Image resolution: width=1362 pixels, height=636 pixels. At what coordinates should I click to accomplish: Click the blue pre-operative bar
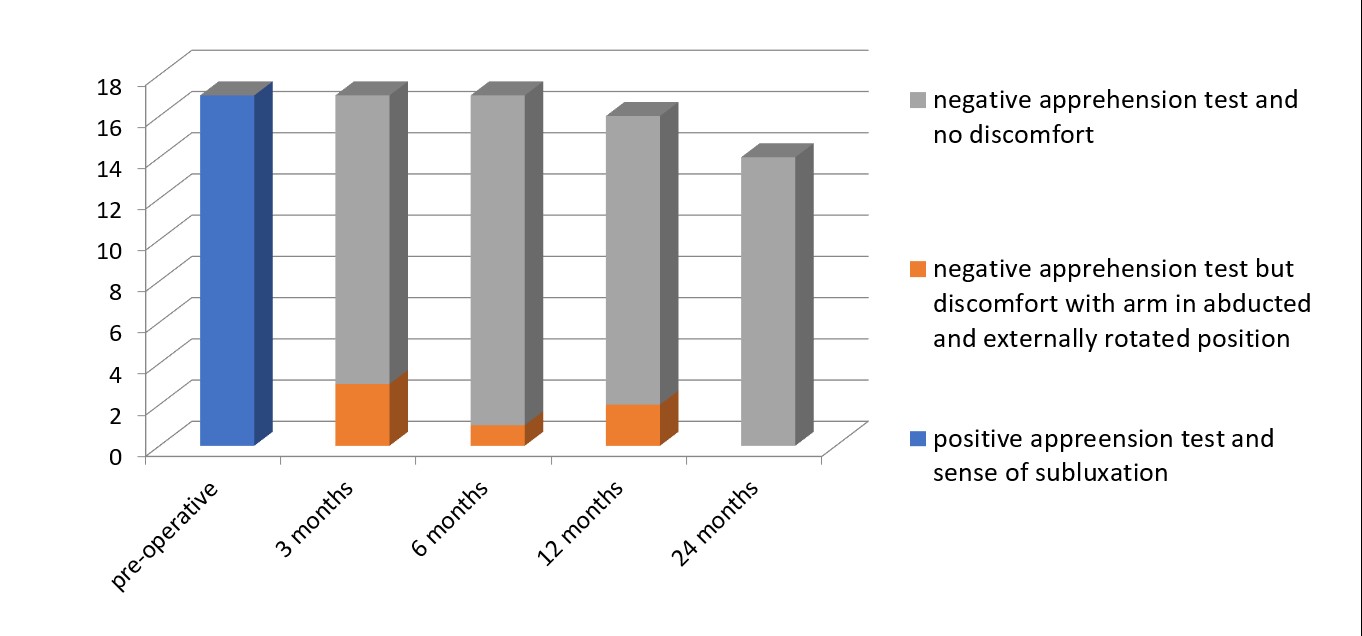coord(228,270)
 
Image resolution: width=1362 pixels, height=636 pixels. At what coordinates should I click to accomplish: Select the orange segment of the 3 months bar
coord(362,414)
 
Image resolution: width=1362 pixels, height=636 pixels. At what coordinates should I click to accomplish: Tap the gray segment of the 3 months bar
coord(362,240)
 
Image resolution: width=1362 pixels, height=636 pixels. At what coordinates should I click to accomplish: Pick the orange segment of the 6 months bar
coord(497,435)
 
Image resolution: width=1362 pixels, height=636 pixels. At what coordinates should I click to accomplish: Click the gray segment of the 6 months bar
coord(497,260)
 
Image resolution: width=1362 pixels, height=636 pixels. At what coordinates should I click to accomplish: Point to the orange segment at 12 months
coord(632,425)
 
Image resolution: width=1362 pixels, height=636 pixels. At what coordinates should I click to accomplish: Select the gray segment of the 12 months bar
coord(632,260)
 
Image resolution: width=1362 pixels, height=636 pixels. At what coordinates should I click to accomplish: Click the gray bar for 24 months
coord(767,301)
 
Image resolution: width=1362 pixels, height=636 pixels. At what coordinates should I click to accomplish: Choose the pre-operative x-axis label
coord(166,536)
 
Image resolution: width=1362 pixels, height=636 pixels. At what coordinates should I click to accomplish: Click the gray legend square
coord(917,101)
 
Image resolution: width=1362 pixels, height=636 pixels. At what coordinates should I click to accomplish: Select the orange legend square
coord(917,270)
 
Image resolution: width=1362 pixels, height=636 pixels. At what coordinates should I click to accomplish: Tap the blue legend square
coord(917,439)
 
